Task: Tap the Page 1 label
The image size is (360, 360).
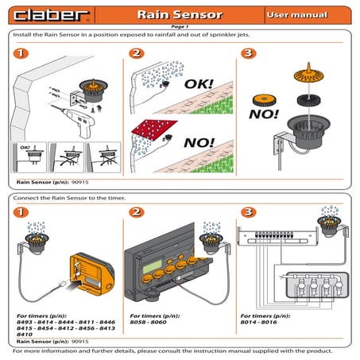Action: tap(180, 26)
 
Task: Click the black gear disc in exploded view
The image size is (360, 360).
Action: tap(306, 101)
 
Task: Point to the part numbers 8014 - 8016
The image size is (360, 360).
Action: tap(261, 323)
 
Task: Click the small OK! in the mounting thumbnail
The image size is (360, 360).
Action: tap(24, 147)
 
